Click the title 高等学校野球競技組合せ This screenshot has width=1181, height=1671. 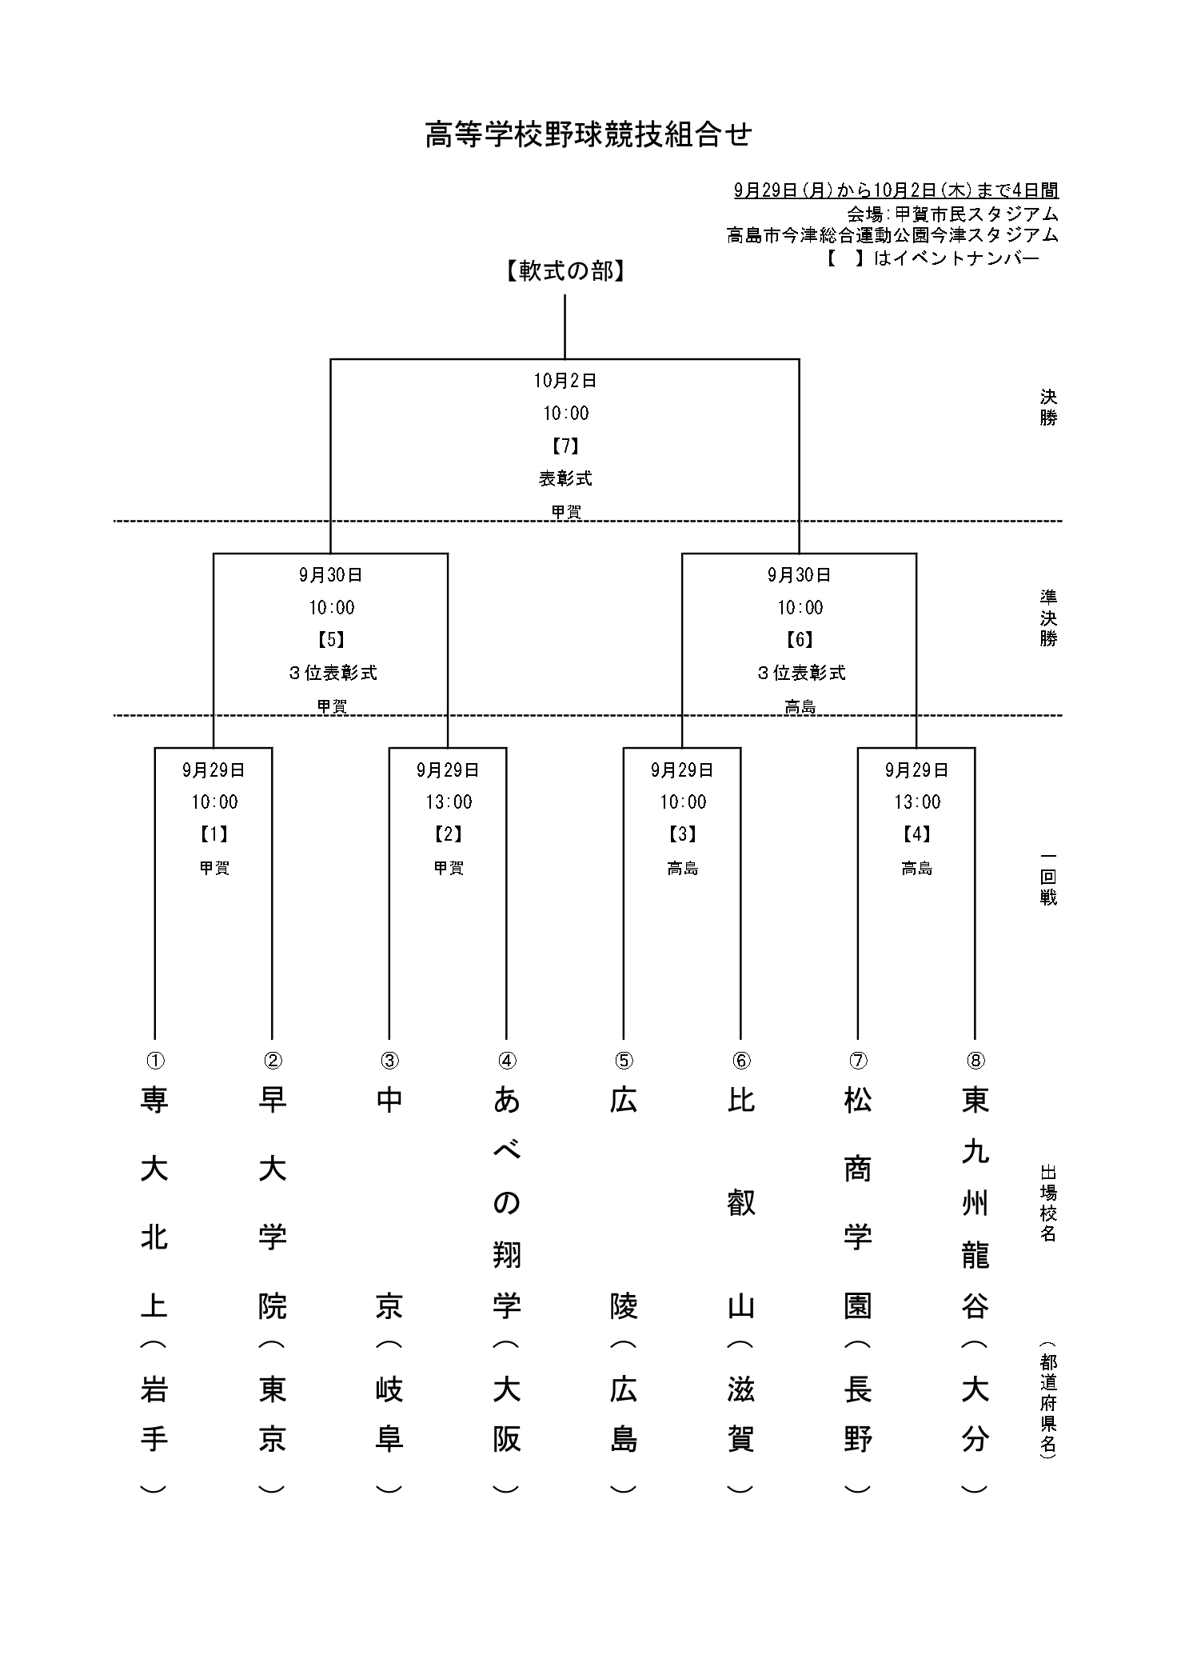(x=589, y=135)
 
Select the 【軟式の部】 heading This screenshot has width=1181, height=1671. (x=565, y=272)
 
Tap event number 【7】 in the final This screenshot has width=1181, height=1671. (x=565, y=446)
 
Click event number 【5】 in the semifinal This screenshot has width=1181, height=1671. (x=331, y=640)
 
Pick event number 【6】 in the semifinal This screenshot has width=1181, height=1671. (x=800, y=640)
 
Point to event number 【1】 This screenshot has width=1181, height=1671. (x=214, y=834)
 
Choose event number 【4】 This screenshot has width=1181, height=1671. (x=916, y=834)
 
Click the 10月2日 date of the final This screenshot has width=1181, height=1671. (x=565, y=381)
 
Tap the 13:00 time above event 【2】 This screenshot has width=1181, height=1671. (x=449, y=802)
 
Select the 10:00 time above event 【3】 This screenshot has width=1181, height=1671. (x=683, y=802)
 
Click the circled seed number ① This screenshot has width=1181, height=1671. (x=155, y=1061)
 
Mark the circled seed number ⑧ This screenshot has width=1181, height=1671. (x=976, y=1061)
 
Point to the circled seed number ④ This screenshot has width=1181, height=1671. (x=507, y=1061)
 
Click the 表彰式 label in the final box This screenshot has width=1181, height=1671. (x=565, y=478)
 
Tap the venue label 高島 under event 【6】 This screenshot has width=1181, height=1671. (x=800, y=706)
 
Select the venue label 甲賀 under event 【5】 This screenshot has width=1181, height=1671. (x=331, y=706)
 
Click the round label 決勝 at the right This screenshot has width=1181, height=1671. (x=1048, y=407)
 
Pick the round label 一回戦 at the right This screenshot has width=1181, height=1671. (x=1048, y=877)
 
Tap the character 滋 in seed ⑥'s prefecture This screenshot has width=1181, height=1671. (x=741, y=1391)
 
